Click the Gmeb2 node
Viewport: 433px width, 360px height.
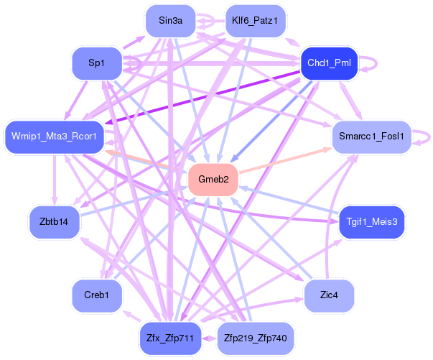[213, 180]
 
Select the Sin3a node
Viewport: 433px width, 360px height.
[170, 21]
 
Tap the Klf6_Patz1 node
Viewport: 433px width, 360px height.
[256, 21]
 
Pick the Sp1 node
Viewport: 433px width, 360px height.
[97, 63]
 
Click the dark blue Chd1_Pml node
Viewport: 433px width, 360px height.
[329, 63]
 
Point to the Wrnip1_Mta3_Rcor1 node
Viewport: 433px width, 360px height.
[55, 137]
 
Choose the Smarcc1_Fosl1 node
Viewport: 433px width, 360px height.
[372, 137]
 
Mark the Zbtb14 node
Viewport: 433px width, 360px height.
[54, 222]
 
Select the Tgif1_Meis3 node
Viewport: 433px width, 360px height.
[372, 222]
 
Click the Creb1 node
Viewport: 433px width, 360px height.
[97, 295]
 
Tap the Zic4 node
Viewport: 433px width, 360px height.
[329, 295]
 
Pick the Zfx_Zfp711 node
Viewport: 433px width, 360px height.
[170, 338]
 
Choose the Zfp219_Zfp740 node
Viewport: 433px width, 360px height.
[256, 338]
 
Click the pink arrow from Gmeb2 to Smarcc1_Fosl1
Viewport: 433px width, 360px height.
[285, 161]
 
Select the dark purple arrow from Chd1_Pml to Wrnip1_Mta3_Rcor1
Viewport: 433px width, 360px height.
[202, 98]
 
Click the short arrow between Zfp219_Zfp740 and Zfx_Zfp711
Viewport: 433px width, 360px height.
[210, 338]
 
